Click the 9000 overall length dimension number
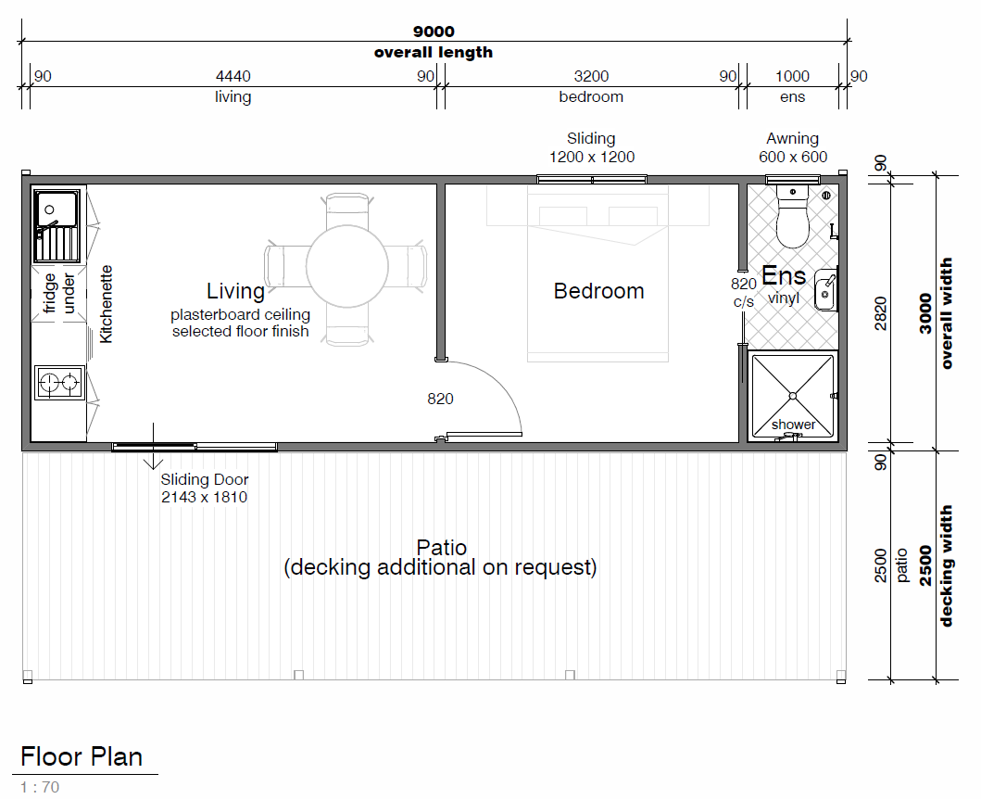(x=434, y=32)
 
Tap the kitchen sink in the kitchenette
(x=57, y=226)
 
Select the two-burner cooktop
(x=59, y=382)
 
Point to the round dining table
(x=347, y=266)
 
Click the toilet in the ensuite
(x=792, y=216)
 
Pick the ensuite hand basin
(x=826, y=290)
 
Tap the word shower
(x=793, y=425)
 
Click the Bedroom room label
(x=598, y=291)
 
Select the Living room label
(x=236, y=291)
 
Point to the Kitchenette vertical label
(x=106, y=304)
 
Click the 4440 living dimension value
(x=233, y=76)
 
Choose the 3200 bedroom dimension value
(x=591, y=76)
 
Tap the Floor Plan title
(x=82, y=756)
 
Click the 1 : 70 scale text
(x=40, y=787)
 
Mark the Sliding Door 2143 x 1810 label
(x=205, y=488)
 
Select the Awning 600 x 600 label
(x=793, y=147)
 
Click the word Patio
(x=442, y=547)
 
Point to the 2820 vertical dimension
(x=881, y=313)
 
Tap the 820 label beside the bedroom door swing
(x=440, y=399)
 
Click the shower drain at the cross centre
(x=793, y=396)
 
